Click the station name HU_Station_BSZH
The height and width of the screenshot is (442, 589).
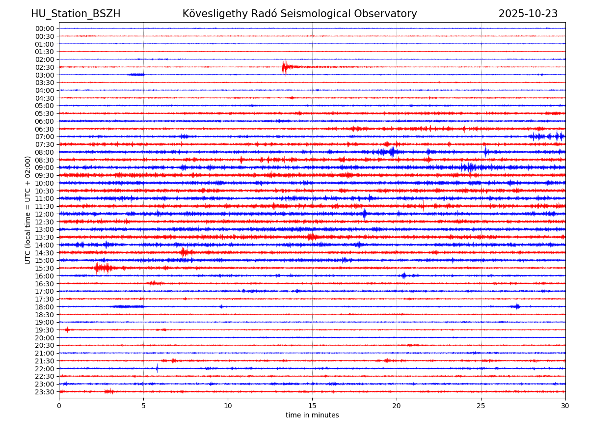(76, 14)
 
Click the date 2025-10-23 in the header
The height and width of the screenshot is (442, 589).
(528, 14)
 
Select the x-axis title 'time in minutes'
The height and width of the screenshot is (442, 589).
(312, 415)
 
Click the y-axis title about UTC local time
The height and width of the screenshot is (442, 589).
(28, 210)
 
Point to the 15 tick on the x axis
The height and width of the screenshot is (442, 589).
(312, 406)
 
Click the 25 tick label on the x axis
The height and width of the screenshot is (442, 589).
(481, 406)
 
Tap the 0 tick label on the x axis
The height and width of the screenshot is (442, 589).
(59, 406)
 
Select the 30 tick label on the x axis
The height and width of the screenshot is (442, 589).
(565, 406)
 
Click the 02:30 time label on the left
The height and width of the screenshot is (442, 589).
(44, 67)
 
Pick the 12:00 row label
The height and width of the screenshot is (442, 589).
(44, 214)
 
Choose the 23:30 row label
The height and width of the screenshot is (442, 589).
(44, 392)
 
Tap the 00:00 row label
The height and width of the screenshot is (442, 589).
(44, 28)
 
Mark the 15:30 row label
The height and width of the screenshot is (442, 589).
(44, 268)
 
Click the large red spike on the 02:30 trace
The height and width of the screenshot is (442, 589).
(285, 67)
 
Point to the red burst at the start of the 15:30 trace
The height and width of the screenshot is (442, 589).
(103, 268)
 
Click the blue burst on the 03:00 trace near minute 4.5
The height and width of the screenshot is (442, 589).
(136, 75)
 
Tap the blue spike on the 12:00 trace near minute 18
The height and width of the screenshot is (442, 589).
(364, 214)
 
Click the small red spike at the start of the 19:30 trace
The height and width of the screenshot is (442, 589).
(67, 330)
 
